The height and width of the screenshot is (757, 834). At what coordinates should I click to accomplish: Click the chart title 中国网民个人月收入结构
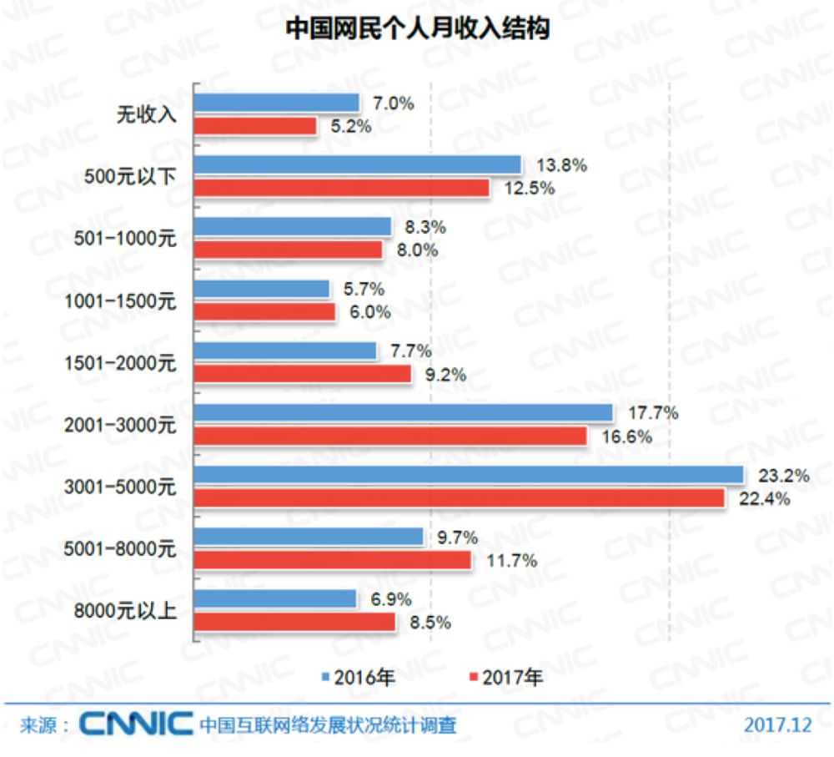417,29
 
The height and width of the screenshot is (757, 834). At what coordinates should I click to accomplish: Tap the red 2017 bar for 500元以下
342,188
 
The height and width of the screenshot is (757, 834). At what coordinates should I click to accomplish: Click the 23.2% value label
783,477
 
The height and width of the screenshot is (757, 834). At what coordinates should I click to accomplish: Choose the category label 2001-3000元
120,426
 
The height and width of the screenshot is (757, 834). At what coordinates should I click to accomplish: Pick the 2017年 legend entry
506,677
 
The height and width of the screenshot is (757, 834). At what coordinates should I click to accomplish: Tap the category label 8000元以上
124,612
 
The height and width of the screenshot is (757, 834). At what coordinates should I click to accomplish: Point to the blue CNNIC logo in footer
136,724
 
